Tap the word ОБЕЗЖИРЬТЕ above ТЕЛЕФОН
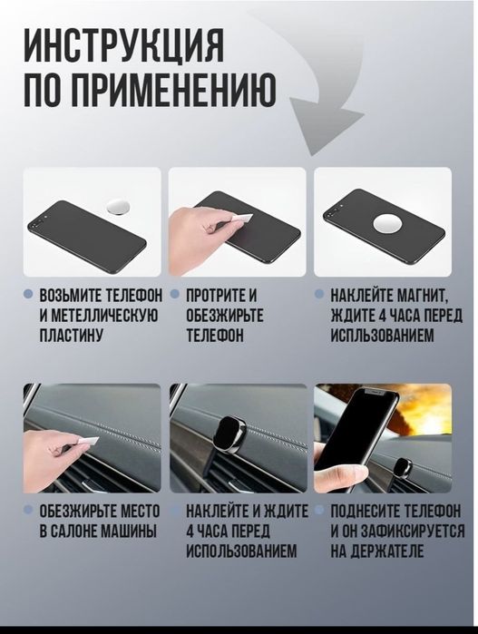coord(225,316)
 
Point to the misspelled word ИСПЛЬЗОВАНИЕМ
coord(382,336)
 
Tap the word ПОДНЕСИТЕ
coord(367,512)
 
